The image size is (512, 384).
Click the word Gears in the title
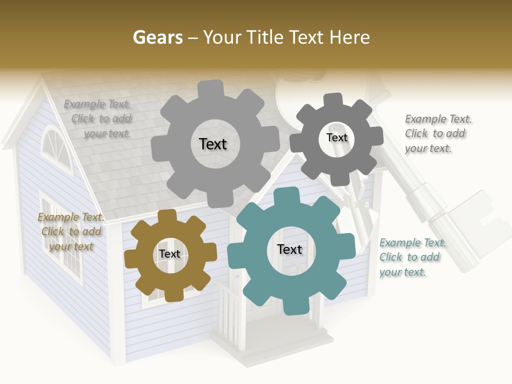(x=158, y=37)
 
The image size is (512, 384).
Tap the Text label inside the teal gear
(x=290, y=250)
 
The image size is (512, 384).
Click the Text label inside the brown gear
(x=170, y=254)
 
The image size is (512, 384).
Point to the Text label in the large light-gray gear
(x=213, y=144)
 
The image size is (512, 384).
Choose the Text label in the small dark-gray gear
(x=337, y=138)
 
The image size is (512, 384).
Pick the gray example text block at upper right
(x=436, y=134)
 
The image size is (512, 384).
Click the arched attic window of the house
(x=56, y=147)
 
